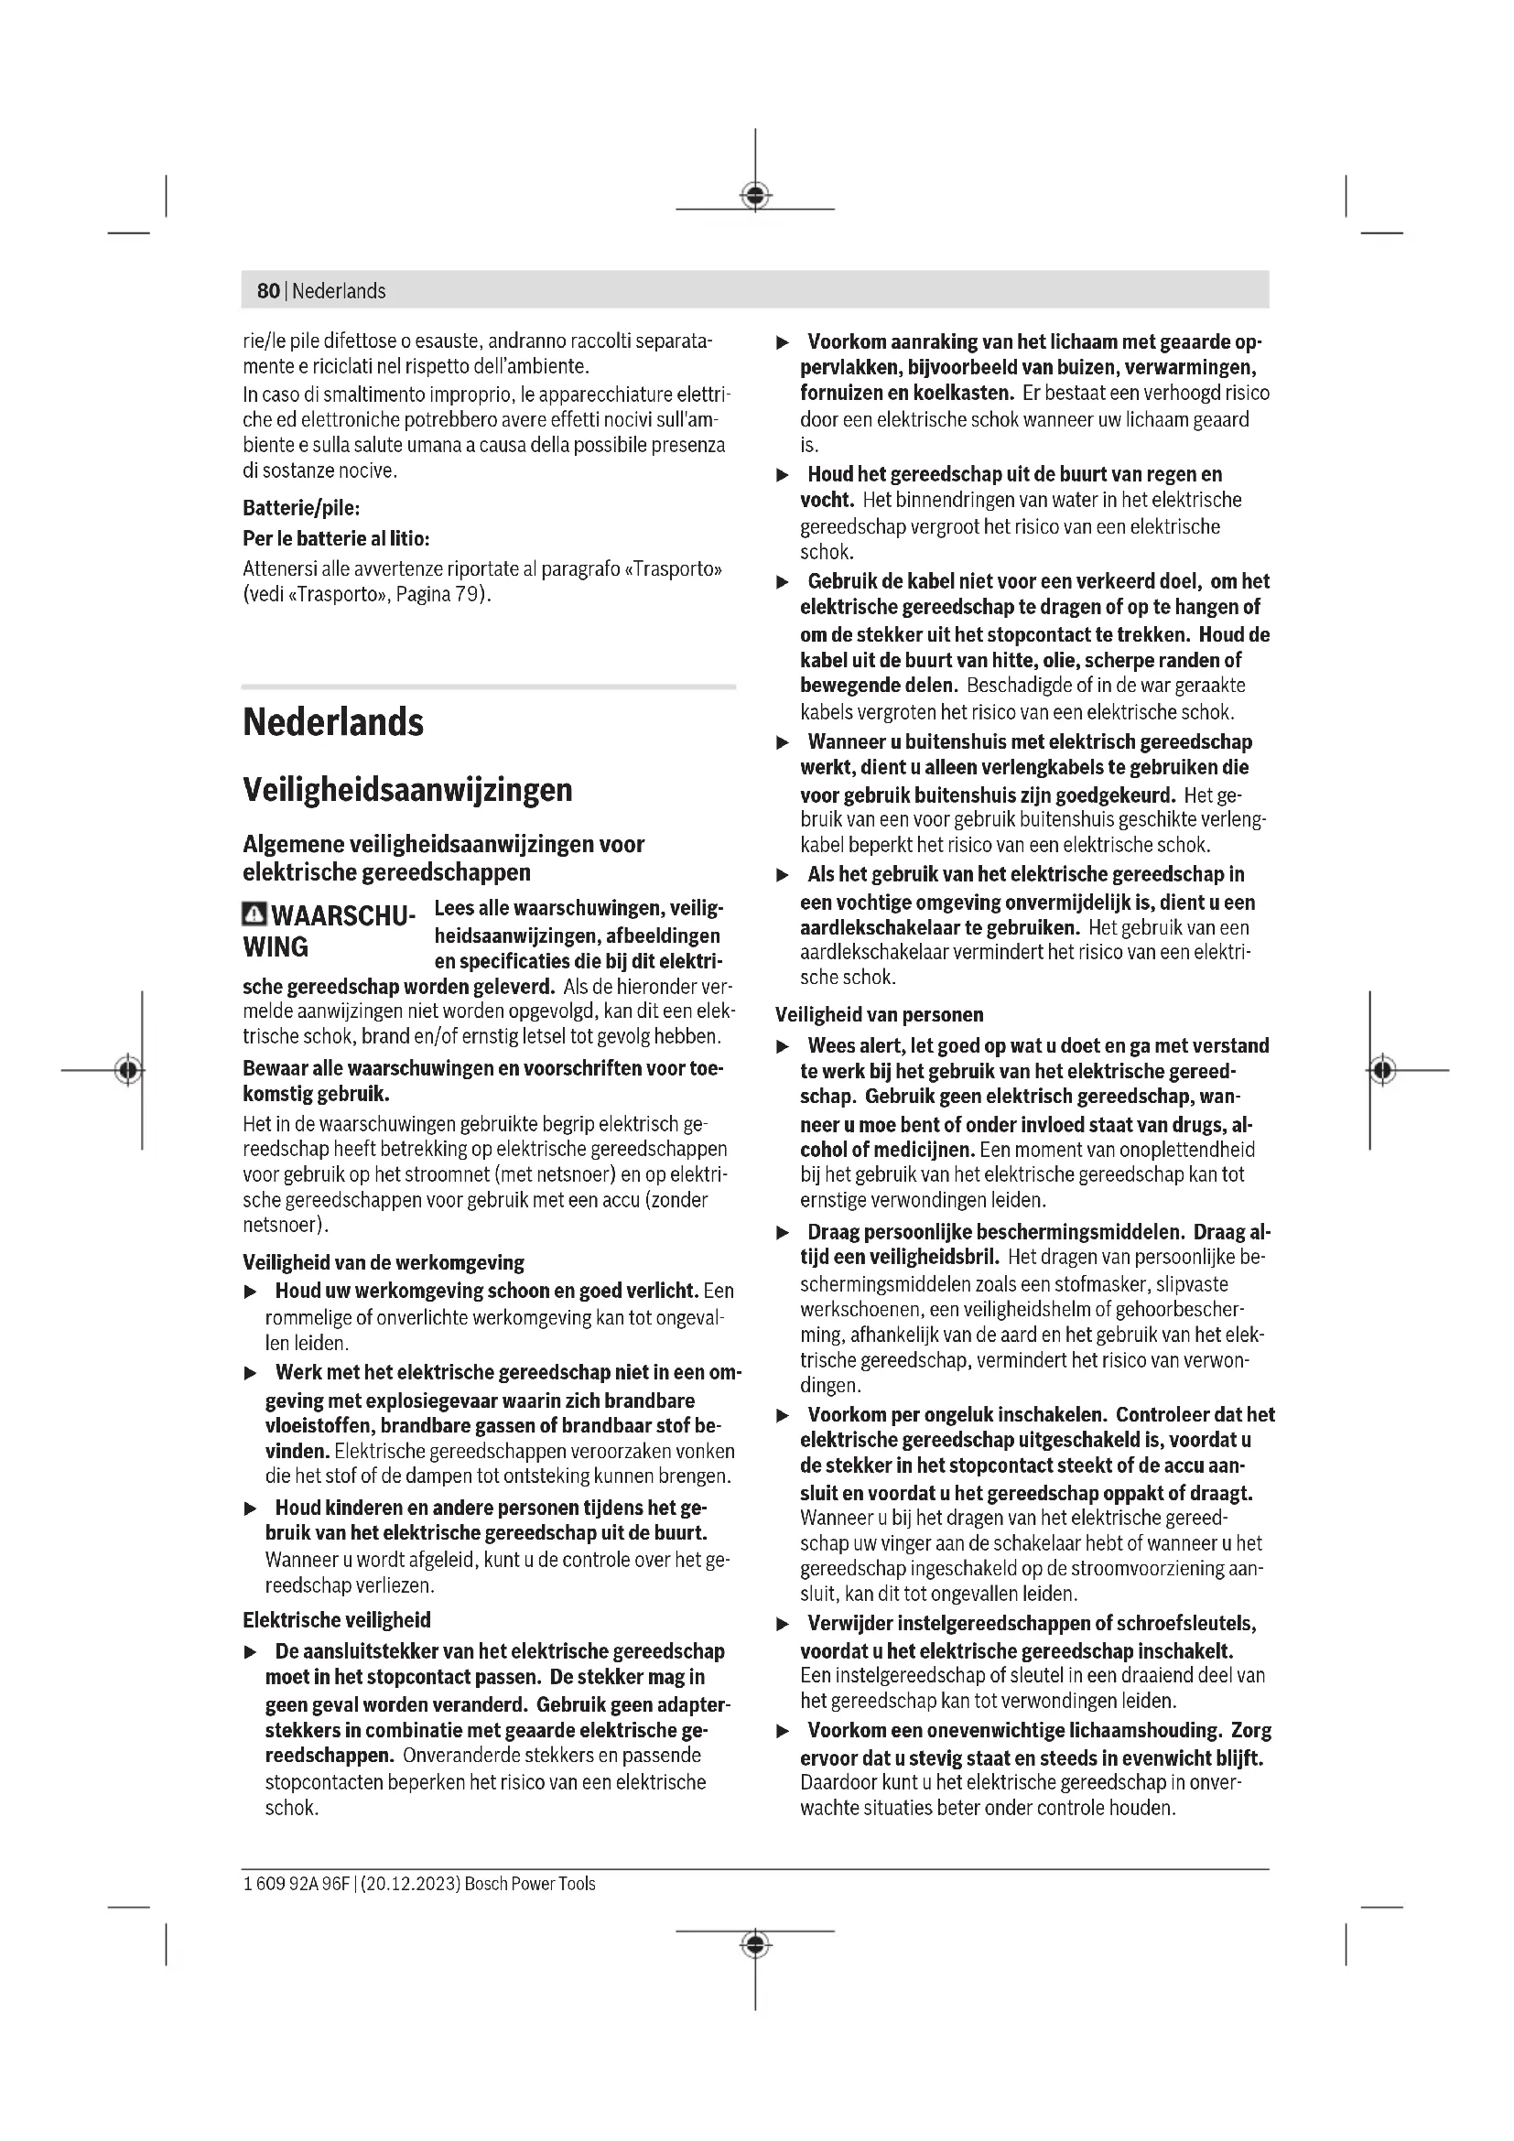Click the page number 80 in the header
tap(267, 291)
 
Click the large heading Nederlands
tap(333, 723)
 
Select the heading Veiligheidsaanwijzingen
tap(407, 790)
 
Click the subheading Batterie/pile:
tap(301, 508)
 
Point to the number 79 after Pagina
tap(466, 594)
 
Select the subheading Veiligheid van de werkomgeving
tap(384, 1262)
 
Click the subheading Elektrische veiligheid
tap(337, 1620)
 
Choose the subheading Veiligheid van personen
tap(879, 1014)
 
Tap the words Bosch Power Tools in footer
tap(529, 1884)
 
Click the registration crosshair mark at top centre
tap(755, 196)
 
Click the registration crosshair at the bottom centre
tap(755, 1944)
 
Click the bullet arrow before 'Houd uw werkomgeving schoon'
tap(250, 1292)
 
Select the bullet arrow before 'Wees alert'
tap(784, 1047)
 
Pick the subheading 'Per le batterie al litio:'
tap(336, 538)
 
